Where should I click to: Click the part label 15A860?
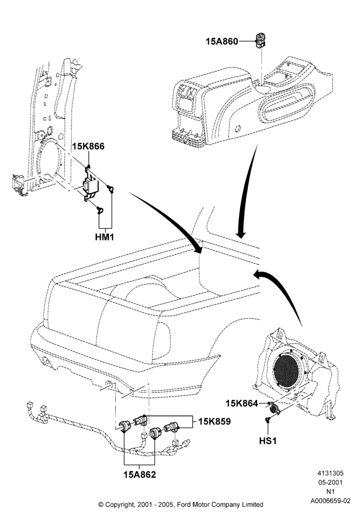pos(222,42)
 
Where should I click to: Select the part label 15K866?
pos(88,146)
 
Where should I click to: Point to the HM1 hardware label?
pos(104,236)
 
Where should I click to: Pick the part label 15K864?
pos(242,403)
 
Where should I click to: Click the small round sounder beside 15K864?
pos(274,409)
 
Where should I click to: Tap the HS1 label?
pos(268,441)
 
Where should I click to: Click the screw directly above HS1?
pos(268,419)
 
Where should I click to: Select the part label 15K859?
pos(214,421)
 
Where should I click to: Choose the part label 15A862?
pos(140,474)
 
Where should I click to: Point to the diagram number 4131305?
pos(330,473)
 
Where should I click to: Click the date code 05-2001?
pos(331,482)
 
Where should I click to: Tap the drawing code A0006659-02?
pos(331,501)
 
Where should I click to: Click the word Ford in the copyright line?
pos(184,505)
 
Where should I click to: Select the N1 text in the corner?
pos(330,492)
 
